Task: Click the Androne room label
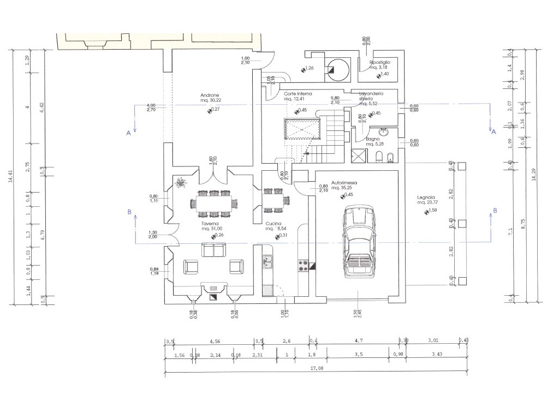(210, 95)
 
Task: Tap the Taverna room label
(210, 224)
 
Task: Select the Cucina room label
(273, 224)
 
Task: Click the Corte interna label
(298, 94)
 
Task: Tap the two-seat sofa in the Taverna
(213, 250)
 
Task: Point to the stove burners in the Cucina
(303, 265)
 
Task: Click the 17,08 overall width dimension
(316, 369)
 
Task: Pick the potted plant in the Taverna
(181, 183)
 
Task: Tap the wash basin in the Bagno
(383, 131)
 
